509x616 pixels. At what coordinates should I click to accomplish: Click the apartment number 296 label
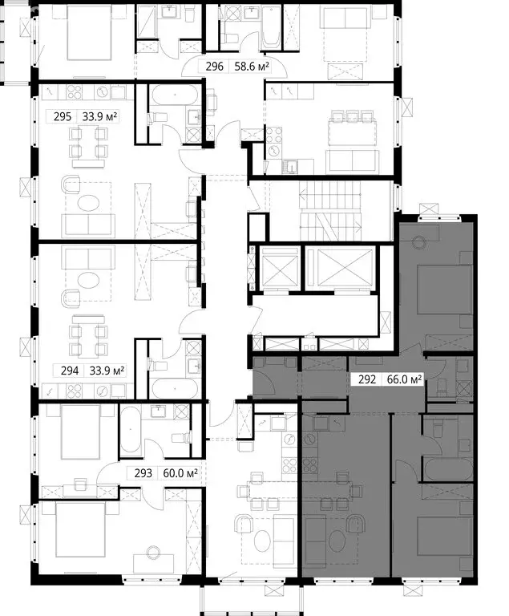pyautogui.click(x=215, y=67)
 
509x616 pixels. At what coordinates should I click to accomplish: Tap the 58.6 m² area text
pyautogui.click(x=252, y=67)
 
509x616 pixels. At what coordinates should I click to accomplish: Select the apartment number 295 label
pyautogui.click(x=63, y=116)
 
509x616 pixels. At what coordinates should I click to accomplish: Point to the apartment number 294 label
pyautogui.click(x=70, y=371)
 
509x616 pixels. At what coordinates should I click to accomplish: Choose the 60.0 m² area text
pyautogui.click(x=180, y=473)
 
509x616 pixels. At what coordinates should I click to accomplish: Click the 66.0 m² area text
pyautogui.click(x=405, y=379)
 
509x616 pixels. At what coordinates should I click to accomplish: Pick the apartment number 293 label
pyautogui.click(x=143, y=473)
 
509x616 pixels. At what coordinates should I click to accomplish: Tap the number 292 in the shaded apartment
pyautogui.click(x=367, y=379)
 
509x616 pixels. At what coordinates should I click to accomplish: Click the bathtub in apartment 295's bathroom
pyautogui.click(x=174, y=95)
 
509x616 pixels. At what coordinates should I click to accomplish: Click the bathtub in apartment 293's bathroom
pyautogui.click(x=130, y=430)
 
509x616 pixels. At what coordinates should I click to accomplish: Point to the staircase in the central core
pyautogui.click(x=331, y=211)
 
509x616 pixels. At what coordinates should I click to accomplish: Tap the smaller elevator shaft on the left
pyautogui.click(x=280, y=269)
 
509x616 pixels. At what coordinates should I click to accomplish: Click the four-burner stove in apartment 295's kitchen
pyautogui.click(x=74, y=93)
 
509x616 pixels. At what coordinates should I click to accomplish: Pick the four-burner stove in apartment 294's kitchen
pyautogui.click(x=74, y=391)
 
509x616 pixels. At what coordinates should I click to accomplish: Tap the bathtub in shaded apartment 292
pyautogui.click(x=448, y=469)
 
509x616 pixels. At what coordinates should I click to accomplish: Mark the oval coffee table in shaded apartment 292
pyautogui.click(x=337, y=541)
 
